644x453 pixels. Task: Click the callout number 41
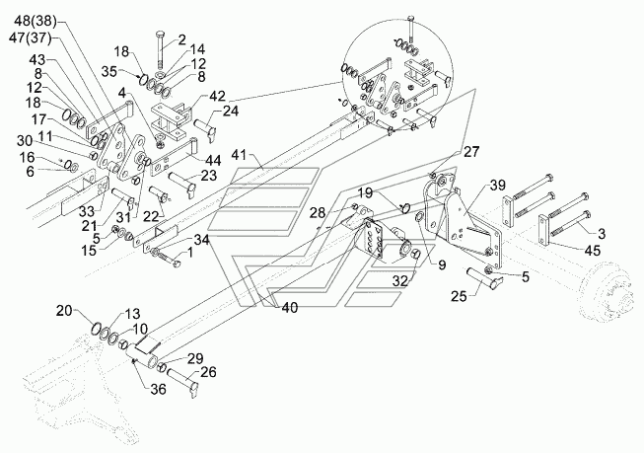[241, 156]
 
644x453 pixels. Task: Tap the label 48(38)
[35, 21]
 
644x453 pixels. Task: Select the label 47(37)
[31, 38]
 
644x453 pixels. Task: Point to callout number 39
[498, 186]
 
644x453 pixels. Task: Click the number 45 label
[592, 250]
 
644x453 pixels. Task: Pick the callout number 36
[158, 389]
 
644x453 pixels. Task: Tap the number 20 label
[64, 311]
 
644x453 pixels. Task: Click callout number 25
[460, 296]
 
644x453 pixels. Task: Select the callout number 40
[289, 307]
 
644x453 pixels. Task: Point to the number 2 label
[181, 39]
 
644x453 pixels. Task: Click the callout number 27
[470, 152]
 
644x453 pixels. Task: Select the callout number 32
[399, 280]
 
